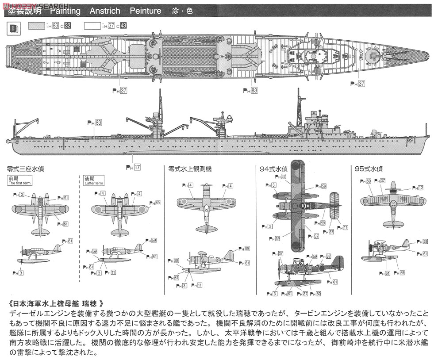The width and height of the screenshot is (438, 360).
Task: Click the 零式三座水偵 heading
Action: [25, 169]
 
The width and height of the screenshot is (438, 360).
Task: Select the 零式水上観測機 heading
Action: [190, 169]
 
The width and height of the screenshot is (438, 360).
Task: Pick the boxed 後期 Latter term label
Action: [93, 180]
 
